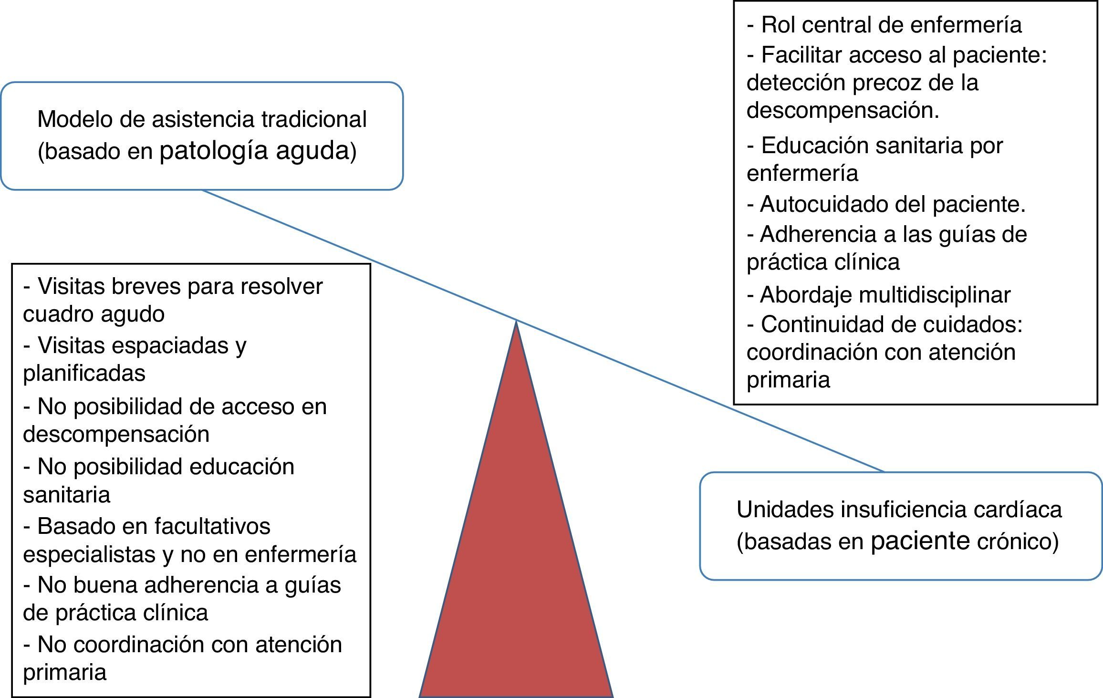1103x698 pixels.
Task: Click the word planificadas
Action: pos(84,373)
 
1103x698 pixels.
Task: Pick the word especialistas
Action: pos(90,554)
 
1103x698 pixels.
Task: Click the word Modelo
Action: pos(75,119)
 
